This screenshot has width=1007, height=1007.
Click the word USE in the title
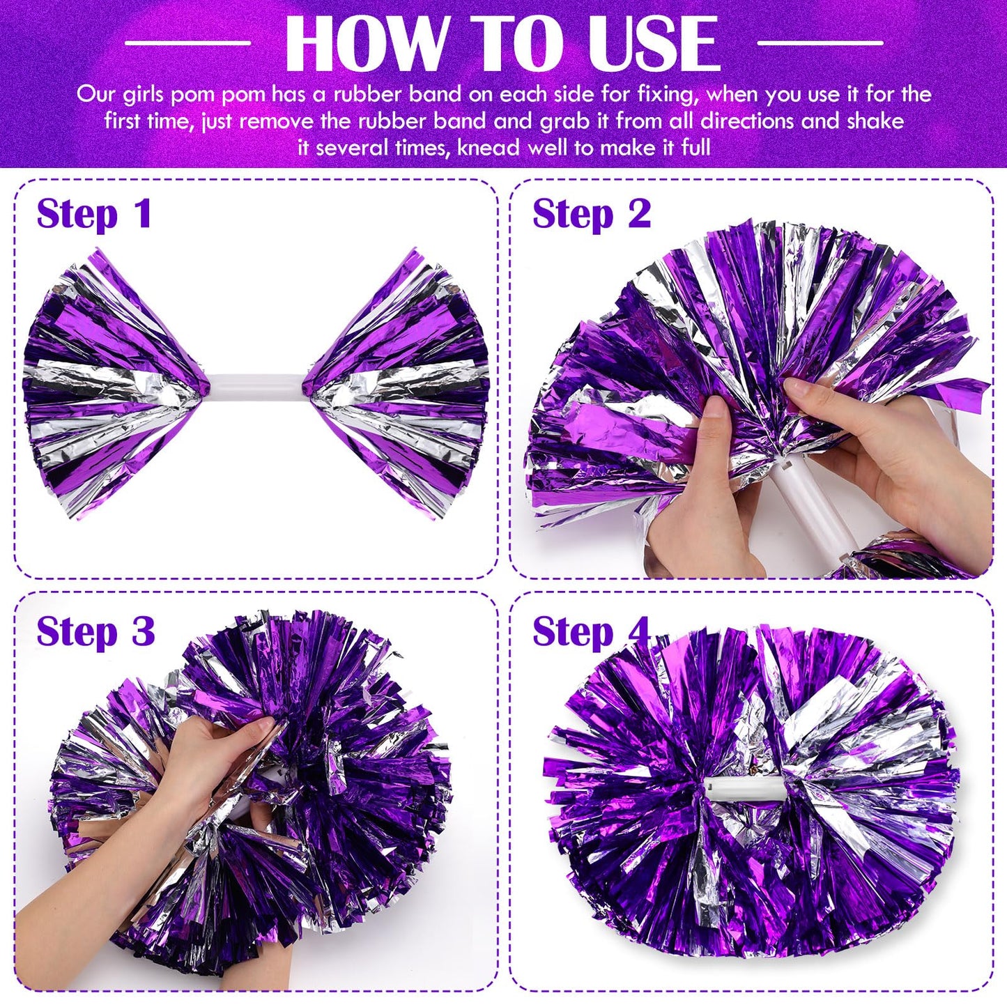click(x=653, y=43)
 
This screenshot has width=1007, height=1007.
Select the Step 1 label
click(x=94, y=213)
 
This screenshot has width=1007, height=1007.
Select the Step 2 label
click(x=592, y=213)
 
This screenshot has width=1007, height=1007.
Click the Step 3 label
click(x=95, y=631)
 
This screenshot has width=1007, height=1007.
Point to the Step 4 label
click(x=591, y=631)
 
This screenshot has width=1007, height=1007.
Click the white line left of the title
click(x=187, y=43)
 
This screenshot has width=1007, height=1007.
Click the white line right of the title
click(x=820, y=43)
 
